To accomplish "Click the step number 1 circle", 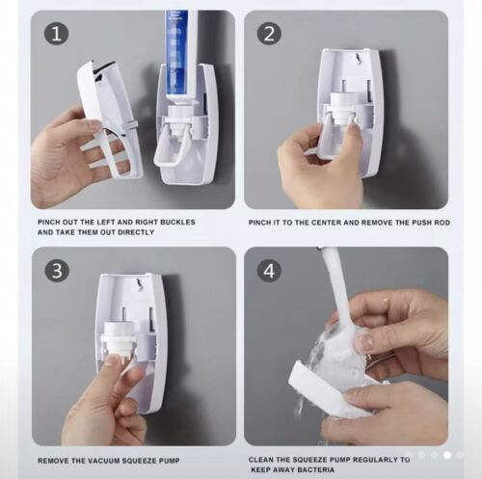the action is pyautogui.click(x=56, y=34).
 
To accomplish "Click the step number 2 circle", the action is pyautogui.click(x=269, y=34).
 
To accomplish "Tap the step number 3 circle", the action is pyautogui.click(x=57, y=271).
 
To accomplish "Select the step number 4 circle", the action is pyautogui.click(x=269, y=271).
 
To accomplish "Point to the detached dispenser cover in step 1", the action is pyautogui.click(x=109, y=119).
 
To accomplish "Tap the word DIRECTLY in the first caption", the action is pyautogui.click(x=136, y=232).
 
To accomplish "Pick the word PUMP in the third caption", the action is pyautogui.click(x=169, y=461).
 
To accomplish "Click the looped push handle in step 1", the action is pyautogui.click(x=170, y=145).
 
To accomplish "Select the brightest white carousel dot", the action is pyautogui.click(x=447, y=455).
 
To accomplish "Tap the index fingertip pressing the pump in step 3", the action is pyautogui.click(x=113, y=359).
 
